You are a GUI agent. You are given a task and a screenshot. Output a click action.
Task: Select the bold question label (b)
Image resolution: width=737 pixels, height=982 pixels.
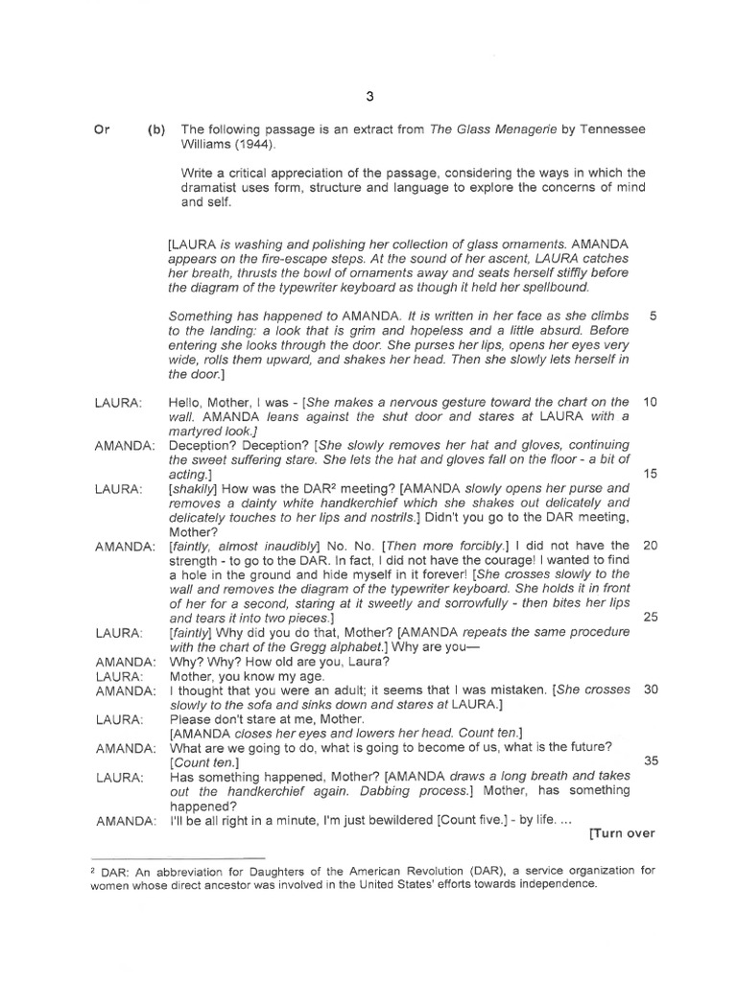(156, 130)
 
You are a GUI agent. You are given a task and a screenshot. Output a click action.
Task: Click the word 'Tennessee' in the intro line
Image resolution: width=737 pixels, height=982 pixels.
(610, 130)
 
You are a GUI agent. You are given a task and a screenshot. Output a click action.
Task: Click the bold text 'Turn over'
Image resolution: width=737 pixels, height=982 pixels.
(623, 833)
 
